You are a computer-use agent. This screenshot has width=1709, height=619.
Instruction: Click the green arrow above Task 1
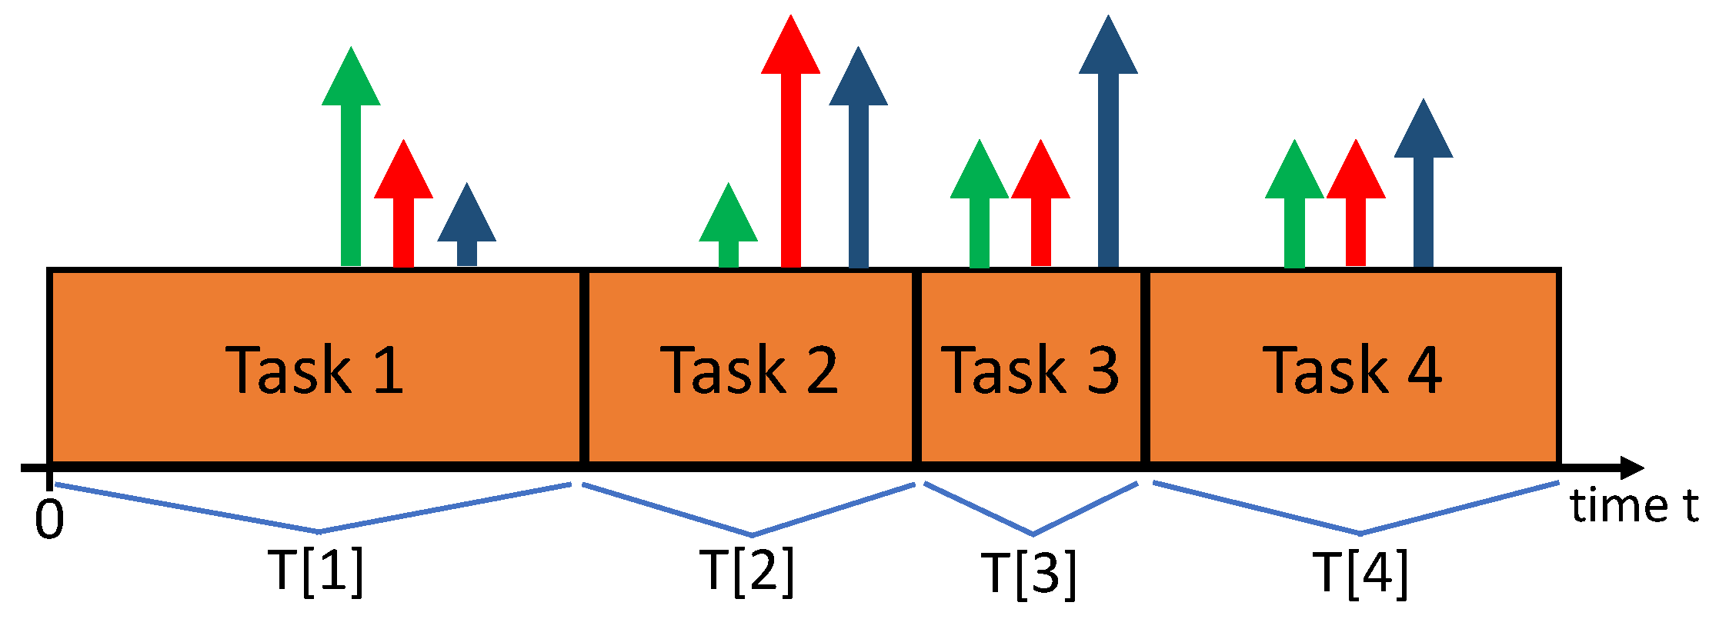point(351,161)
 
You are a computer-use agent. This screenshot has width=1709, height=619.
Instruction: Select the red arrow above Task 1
point(403,208)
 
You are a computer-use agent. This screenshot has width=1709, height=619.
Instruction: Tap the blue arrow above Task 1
point(466,227)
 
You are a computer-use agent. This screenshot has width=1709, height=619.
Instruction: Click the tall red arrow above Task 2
point(790,146)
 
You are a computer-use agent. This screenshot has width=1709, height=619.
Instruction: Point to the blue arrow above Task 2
point(858,161)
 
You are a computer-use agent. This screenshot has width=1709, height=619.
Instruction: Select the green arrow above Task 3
point(979,208)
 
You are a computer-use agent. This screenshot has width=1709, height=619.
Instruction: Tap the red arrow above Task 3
point(1040,208)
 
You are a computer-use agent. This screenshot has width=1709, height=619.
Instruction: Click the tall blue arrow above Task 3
point(1108,146)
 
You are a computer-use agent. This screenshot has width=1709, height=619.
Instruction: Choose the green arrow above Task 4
point(1294,208)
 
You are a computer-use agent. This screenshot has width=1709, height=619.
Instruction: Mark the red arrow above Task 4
point(1356,208)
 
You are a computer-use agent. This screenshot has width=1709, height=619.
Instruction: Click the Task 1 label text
point(314,370)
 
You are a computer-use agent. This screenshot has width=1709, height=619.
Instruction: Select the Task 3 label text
point(1030,370)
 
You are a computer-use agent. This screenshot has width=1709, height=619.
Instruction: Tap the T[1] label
point(316,571)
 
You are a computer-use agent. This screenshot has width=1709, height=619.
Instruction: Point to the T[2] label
point(747,571)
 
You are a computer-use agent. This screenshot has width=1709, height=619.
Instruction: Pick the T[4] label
point(1361,572)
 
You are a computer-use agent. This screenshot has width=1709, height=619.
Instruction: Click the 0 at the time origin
point(49,520)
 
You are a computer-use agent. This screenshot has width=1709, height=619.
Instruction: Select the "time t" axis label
point(1634,507)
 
